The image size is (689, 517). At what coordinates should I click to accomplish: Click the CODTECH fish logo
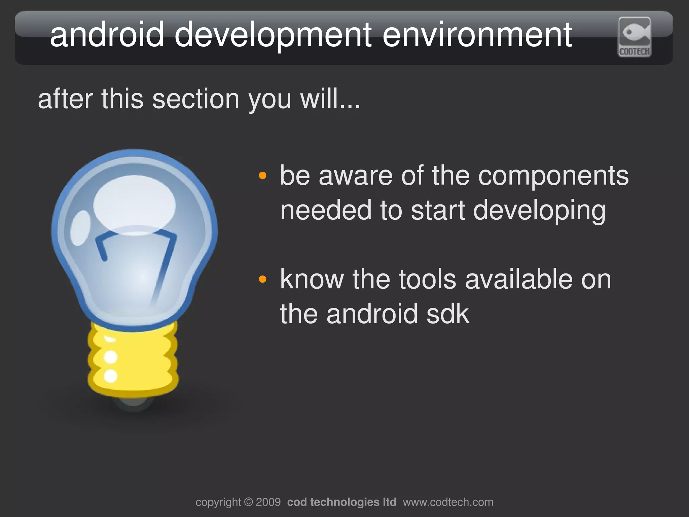click(x=634, y=37)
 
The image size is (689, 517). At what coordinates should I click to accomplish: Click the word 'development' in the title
click(x=273, y=35)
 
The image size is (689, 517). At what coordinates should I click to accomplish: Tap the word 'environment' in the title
click(x=477, y=35)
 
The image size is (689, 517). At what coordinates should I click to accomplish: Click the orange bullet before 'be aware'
click(x=262, y=176)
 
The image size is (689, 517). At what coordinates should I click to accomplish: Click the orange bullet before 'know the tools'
click(x=262, y=279)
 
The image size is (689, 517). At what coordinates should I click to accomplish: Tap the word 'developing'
click(x=539, y=211)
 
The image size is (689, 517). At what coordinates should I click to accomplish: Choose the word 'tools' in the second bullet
click(x=427, y=280)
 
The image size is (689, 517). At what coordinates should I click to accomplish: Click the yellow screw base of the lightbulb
click(x=133, y=360)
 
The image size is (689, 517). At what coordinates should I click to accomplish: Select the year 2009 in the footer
click(x=268, y=502)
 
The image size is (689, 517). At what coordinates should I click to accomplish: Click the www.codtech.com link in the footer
click(x=448, y=502)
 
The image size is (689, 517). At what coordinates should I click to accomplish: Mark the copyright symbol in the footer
click(x=248, y=502)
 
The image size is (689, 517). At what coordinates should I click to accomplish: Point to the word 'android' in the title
click(x=107, y=35)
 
